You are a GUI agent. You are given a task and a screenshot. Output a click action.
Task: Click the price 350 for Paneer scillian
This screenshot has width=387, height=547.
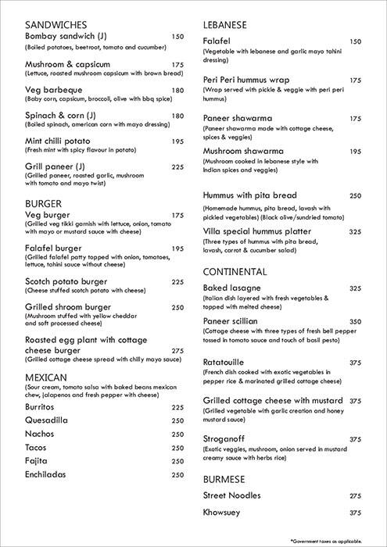(x=356, y=321)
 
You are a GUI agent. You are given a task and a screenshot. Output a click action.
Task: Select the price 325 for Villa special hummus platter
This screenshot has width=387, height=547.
(x=356, y=232)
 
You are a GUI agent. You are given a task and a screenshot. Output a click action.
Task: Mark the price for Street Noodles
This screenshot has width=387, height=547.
(x=356, y=495)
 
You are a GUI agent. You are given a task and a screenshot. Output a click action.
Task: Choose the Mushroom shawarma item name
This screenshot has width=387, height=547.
(x=243, y=151)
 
